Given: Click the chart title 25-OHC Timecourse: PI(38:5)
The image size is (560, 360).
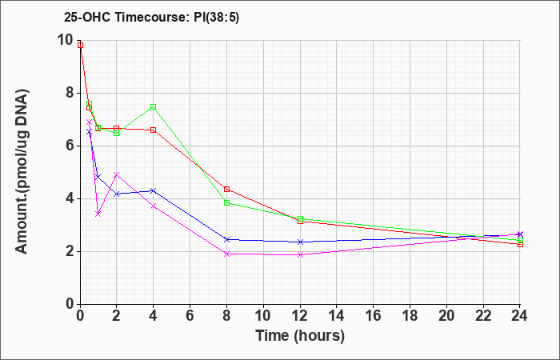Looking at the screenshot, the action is coord(151,17).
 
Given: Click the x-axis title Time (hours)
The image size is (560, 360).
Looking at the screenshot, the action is coord(300,336).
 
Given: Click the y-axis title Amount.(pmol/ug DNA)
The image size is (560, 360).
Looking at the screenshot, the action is coord(22,172).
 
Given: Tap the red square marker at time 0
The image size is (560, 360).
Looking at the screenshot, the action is coord(80,46).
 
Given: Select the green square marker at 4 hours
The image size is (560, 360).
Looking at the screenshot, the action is coord(154,106).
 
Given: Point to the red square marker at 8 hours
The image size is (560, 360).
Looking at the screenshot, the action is coord(226,189).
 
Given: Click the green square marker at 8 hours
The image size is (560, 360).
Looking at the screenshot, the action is coord(226,203).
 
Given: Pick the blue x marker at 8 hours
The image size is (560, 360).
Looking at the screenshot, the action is coord(226,240).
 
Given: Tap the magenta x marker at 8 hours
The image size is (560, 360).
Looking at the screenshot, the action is coord(226,254).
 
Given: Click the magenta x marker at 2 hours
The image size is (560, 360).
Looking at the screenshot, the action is coord(117,174).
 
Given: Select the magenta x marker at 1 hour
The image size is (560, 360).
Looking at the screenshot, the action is coord(98,214).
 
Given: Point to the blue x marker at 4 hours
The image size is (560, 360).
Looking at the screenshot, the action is coord(154,190).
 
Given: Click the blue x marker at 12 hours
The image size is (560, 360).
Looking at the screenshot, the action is coord(300,242).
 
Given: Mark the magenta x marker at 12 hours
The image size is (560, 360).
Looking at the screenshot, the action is coord(300,254).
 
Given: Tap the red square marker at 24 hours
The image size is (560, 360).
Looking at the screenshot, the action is coord(520,244).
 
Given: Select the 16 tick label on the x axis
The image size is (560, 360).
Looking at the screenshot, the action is coord(374,316).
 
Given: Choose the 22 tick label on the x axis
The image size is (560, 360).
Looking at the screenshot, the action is coord(483,316).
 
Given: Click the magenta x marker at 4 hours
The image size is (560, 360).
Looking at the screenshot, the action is coord(154,206).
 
